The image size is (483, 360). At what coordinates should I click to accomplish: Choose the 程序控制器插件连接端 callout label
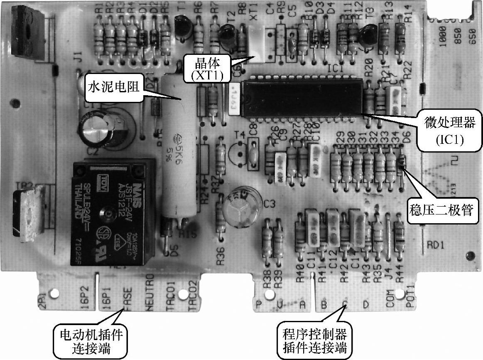314,340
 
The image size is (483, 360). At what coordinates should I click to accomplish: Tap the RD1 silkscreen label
436,245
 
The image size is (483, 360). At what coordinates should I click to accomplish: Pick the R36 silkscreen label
221,257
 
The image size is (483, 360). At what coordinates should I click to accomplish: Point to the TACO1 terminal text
171,293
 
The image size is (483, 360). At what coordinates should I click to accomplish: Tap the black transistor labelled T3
369,35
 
